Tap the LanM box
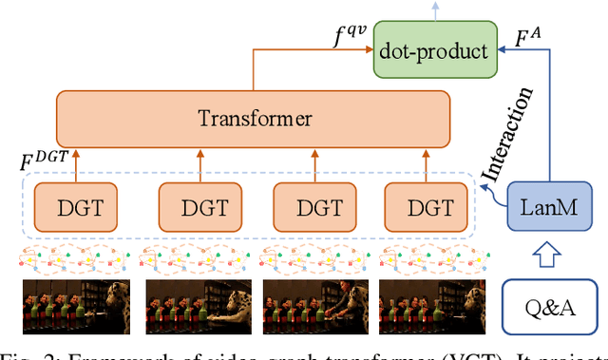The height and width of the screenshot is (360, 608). [544, 205]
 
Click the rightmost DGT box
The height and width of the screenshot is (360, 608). [427, 205]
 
